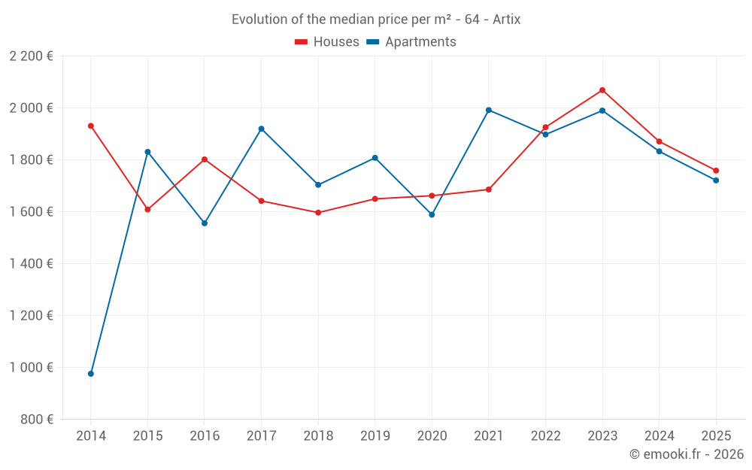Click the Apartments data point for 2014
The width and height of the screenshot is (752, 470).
(x=91, y=374)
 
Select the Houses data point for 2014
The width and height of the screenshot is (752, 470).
(x=91, y=126)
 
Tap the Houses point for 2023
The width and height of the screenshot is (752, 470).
(x=602, y=90)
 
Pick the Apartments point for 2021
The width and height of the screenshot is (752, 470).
(x=489, y=110)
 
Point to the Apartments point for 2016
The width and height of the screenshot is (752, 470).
(x=205, y=223)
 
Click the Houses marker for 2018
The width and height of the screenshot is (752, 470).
(x=318, y=213)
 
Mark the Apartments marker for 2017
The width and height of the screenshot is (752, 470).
(x=261, y=129)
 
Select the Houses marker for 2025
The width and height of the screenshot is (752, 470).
(x=716, y=171)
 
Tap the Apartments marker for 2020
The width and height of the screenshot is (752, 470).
(x=432, y=214)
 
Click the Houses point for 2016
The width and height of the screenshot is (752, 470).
(x=205, y=159)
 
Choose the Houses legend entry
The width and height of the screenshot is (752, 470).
(x=327, y=42)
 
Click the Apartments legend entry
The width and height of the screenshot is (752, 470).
(x=411, y=42)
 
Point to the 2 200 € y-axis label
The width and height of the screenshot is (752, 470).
(x=31, y=56)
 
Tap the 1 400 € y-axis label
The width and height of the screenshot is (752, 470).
(x=31, y=264)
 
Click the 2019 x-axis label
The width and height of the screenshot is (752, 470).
(x=374, y=436)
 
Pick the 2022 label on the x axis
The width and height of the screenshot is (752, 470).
(x=545, y=436)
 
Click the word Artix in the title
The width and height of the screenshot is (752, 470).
(x=506, y=20)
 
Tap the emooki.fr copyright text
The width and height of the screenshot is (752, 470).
(x=686, y=454)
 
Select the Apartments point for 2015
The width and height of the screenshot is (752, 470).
(x=147, y=152)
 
